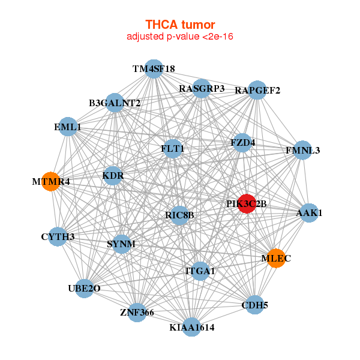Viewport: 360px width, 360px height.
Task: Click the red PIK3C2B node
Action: coord(247,203)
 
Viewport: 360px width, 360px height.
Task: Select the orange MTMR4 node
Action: coord(52,181)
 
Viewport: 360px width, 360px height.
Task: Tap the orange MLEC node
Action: coord(275,258)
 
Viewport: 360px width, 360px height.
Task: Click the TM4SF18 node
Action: coord(154,69)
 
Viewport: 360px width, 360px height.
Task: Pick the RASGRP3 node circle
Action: coord(202,89)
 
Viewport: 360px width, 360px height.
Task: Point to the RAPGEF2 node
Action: coord(257,91)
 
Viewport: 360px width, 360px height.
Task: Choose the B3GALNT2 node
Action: coord(115,103)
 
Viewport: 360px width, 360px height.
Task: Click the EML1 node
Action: coord(68,127)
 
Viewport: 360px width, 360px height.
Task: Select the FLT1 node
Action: coord(173,148)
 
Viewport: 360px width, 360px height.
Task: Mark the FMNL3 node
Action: coord(303,150)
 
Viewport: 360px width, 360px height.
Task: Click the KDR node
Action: coord(113,176)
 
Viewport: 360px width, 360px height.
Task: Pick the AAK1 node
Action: coord(309,213)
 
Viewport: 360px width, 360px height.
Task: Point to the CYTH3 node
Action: coord(58,236)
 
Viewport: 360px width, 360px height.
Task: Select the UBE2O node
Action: coord(84,289)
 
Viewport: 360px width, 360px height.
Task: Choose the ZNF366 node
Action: coord(137,312)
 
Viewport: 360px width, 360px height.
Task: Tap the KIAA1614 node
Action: coord(191,327)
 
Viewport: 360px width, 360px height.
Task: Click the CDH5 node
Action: coord(254,305)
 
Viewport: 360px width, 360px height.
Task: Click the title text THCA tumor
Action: coord(179,25)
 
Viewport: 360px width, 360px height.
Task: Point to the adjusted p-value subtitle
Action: coord(179,37)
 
